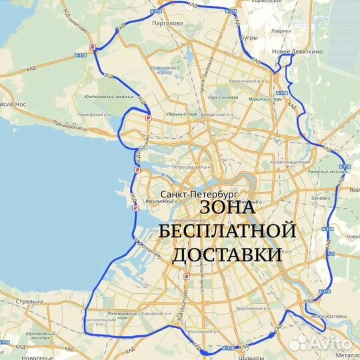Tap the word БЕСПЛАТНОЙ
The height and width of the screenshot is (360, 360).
(x=227, y=231)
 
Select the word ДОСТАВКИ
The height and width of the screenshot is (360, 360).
(x=227, y=255)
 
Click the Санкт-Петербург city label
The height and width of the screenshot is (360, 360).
(x=198, y=194)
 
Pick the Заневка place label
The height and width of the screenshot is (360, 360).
(x=321, y=197)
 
